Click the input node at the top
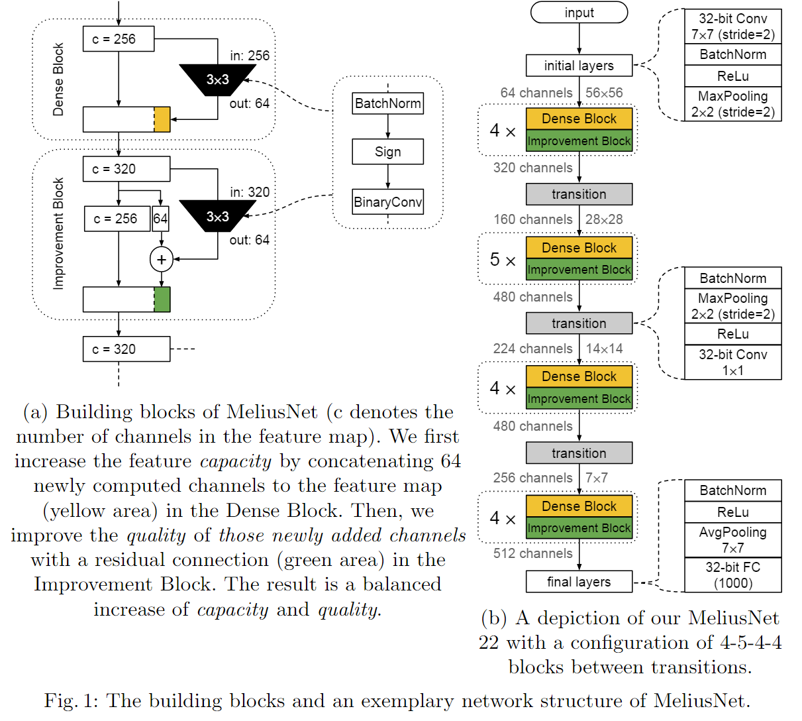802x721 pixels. [x=579, y=13]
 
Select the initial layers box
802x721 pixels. [x=579, y=66]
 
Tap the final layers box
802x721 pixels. [x=579, y=582]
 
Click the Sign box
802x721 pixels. [x=387, y=152]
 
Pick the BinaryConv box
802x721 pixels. [x=387, y=202]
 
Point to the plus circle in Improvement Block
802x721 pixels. [x=162, y=259]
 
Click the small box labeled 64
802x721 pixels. [x=160, y=219]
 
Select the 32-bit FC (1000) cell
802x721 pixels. [x=732, y=575]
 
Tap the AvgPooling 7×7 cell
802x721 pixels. [x=732, y=539]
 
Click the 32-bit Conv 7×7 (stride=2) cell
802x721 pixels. [x=732, y=27]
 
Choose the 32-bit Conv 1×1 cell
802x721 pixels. [x=732, y=362]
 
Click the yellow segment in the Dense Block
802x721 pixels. [x=162, y=119]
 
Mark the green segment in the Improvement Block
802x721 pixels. [x=162, y=299]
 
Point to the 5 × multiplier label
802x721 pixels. [x=503, y=260]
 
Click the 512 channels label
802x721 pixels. [x=532, y=553]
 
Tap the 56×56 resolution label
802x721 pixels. [x=604, y=93]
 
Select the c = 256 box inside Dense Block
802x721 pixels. [x=119, y=39]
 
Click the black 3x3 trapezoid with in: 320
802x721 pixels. [x=217, y=217]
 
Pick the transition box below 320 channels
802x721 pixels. [x=579, y=194]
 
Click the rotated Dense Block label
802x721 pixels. [x=58, y=80]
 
